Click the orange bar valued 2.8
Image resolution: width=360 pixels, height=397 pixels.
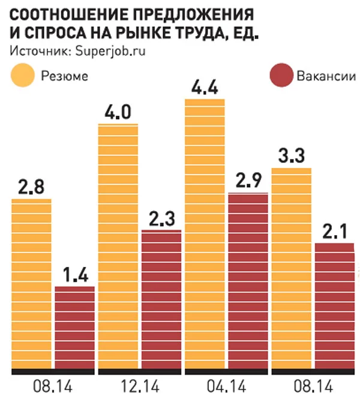31,282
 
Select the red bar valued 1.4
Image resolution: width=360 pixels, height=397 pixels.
74,327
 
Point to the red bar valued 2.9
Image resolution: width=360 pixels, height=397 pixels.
248,279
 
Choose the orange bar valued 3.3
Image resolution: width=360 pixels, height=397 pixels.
291,267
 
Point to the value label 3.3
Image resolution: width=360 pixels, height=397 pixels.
291,158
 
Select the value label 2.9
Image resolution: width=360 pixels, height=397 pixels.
248,182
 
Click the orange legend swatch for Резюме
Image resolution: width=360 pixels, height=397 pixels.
22,76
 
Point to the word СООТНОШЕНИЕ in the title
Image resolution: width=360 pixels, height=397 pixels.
65,14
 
